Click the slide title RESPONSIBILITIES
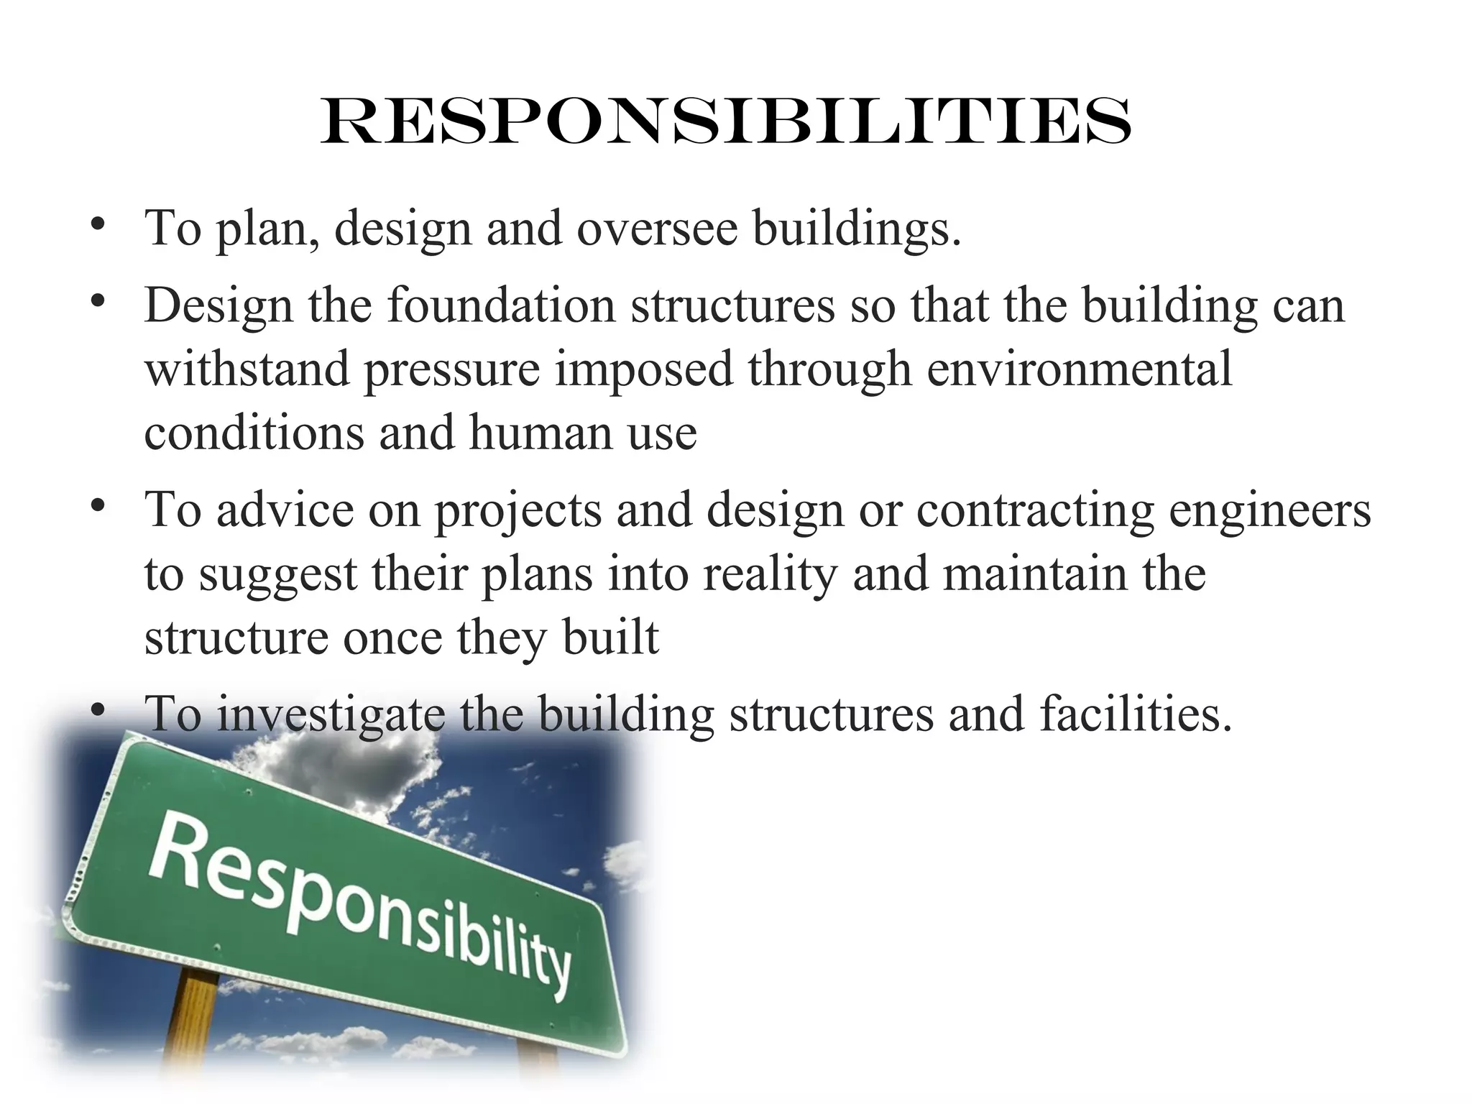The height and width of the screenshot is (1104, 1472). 726,122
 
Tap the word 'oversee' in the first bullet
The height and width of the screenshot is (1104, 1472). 657,229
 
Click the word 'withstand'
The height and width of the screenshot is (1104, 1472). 247,369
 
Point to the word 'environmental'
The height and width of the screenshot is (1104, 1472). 1079,369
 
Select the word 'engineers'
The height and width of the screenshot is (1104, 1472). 1270,510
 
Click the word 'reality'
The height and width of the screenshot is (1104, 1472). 770,574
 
